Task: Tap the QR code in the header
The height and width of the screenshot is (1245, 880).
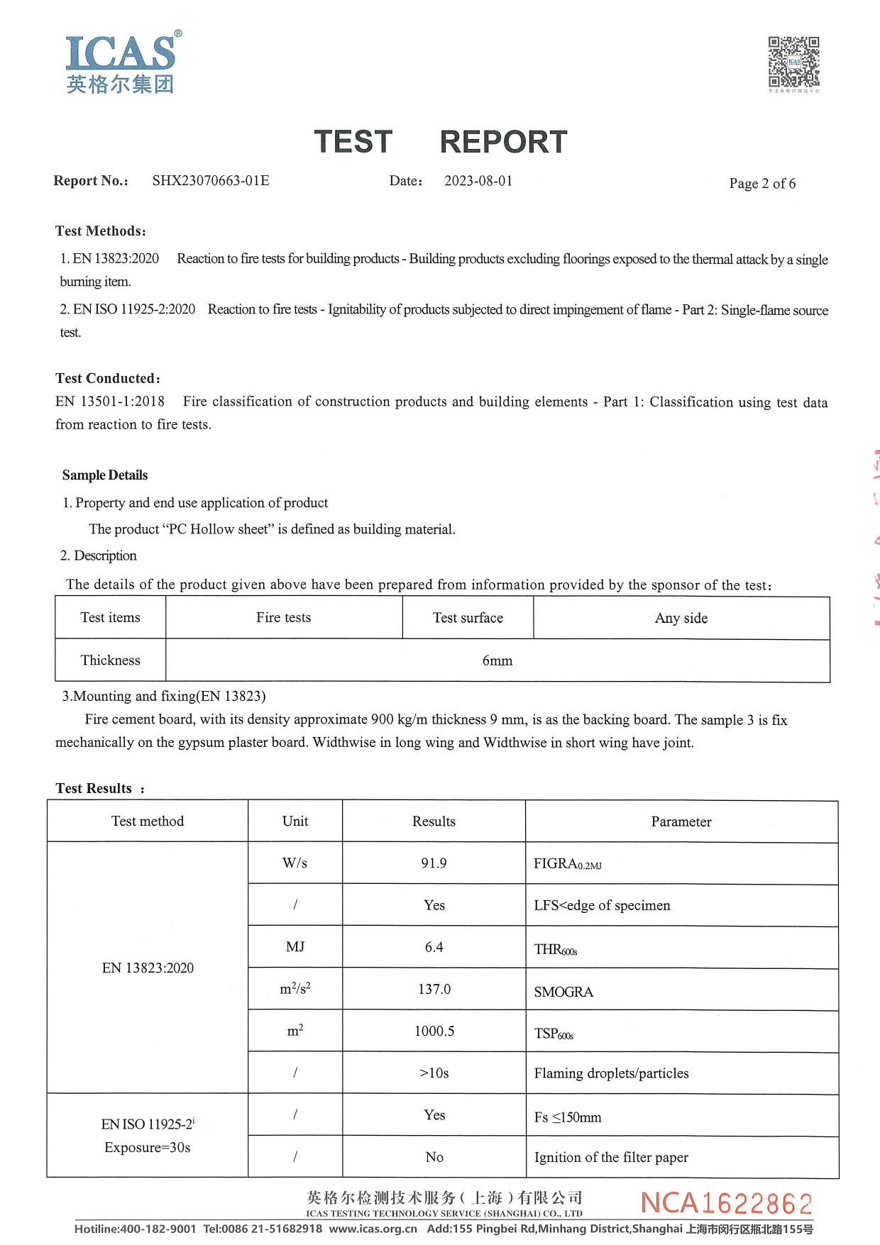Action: click(793, 62)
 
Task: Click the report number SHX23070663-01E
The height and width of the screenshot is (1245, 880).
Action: click(211, 181)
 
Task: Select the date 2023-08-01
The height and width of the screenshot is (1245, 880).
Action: click(478, 181)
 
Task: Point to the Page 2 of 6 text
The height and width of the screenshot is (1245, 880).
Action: click(762, 184)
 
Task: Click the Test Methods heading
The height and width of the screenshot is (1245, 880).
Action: click(101, 231)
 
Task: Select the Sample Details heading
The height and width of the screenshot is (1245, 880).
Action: click(105, 475)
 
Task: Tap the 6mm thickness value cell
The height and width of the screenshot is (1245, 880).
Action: click(497, 660)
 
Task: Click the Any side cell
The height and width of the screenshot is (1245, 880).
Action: click(681, 618)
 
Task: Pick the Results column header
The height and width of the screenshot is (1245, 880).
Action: click(434, 821)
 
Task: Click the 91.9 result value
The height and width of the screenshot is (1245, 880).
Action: click(434, 863)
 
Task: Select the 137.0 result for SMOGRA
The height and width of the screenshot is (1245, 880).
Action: click(434, 989)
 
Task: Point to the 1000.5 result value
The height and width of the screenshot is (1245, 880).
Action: click(434, 1031)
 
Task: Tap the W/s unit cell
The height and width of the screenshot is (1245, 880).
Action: click(295, 863)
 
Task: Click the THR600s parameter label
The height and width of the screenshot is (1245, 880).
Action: click(556, 950)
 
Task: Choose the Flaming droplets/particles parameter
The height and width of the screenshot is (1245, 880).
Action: click(611, 1073)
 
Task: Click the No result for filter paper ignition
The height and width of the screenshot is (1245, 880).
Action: click(434, 1157)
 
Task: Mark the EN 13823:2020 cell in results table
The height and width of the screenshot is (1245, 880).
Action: click(148, 968)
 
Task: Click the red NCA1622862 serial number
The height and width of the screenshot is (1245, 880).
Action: click(726, 1203)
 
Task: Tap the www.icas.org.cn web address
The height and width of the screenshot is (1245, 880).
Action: click(373, 1229)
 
